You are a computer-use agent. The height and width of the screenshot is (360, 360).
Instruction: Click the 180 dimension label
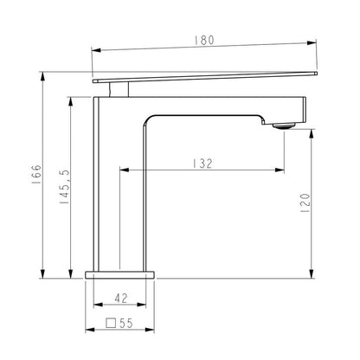click(204, 40)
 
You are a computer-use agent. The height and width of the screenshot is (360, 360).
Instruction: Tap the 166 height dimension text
click(36, 175)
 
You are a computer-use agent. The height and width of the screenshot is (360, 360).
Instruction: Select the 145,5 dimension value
click(65, 187)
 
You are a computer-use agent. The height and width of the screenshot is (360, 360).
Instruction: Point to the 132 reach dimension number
click(202, 164)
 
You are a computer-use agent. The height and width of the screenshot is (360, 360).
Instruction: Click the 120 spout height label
click(305, 203)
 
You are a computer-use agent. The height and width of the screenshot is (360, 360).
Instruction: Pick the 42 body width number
click(121, 298)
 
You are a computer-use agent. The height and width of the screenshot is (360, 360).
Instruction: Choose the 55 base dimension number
click(126, 324)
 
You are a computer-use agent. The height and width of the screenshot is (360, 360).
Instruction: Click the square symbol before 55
click(111, 323)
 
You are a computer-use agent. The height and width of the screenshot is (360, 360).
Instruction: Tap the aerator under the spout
click(284, 125)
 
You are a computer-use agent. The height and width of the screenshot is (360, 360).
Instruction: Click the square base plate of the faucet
click(119, 275)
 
